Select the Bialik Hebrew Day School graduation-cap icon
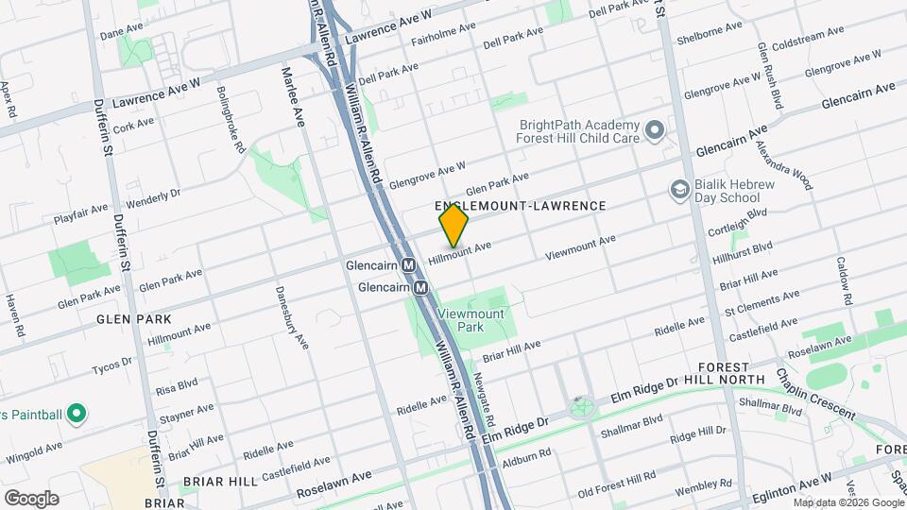point(678,191)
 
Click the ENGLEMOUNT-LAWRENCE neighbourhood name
point(519,205)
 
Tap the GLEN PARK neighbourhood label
point(134,319)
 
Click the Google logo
point(31,498)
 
